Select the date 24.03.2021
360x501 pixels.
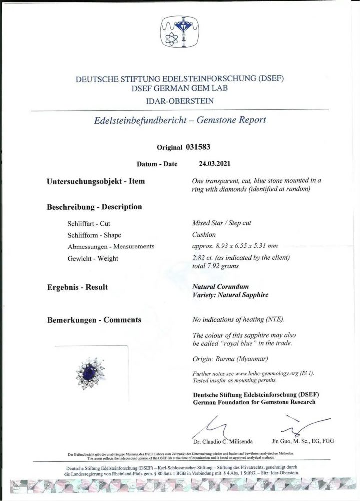(x=211, y=163)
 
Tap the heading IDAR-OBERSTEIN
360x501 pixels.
(x=180, y=101)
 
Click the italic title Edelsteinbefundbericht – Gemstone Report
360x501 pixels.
(x=180, y=120)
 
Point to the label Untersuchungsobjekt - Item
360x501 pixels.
(x=96, y=181)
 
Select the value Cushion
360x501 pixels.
(x=204, y=234)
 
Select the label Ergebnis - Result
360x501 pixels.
(x=77, y=287)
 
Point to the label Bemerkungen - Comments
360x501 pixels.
(x=94, y=319)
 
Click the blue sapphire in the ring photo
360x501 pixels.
(x=92, y=372)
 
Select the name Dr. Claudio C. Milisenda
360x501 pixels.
(x=225, y=441)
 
